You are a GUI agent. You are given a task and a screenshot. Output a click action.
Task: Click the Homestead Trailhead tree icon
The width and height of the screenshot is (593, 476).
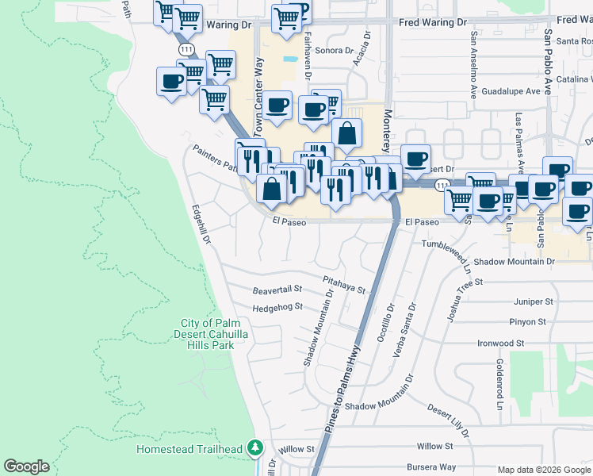point(254,448)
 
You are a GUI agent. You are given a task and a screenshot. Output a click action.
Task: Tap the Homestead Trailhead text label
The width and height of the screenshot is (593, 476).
point(189,449)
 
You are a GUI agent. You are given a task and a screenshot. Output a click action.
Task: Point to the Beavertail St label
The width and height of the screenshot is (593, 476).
point(277,290)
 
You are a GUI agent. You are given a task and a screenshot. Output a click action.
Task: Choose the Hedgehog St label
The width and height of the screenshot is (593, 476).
point(277,308)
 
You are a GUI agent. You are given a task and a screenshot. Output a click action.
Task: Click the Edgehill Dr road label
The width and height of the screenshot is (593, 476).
point(201,225)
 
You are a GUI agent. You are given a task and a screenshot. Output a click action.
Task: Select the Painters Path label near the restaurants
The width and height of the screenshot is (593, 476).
point(215,159)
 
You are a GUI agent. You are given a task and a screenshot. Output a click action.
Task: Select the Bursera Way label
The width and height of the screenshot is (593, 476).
point(431,467)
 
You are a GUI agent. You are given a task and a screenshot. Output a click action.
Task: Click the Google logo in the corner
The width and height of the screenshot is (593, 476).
point(26,466)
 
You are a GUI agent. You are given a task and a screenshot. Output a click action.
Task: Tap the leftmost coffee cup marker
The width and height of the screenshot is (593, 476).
point(171,81)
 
